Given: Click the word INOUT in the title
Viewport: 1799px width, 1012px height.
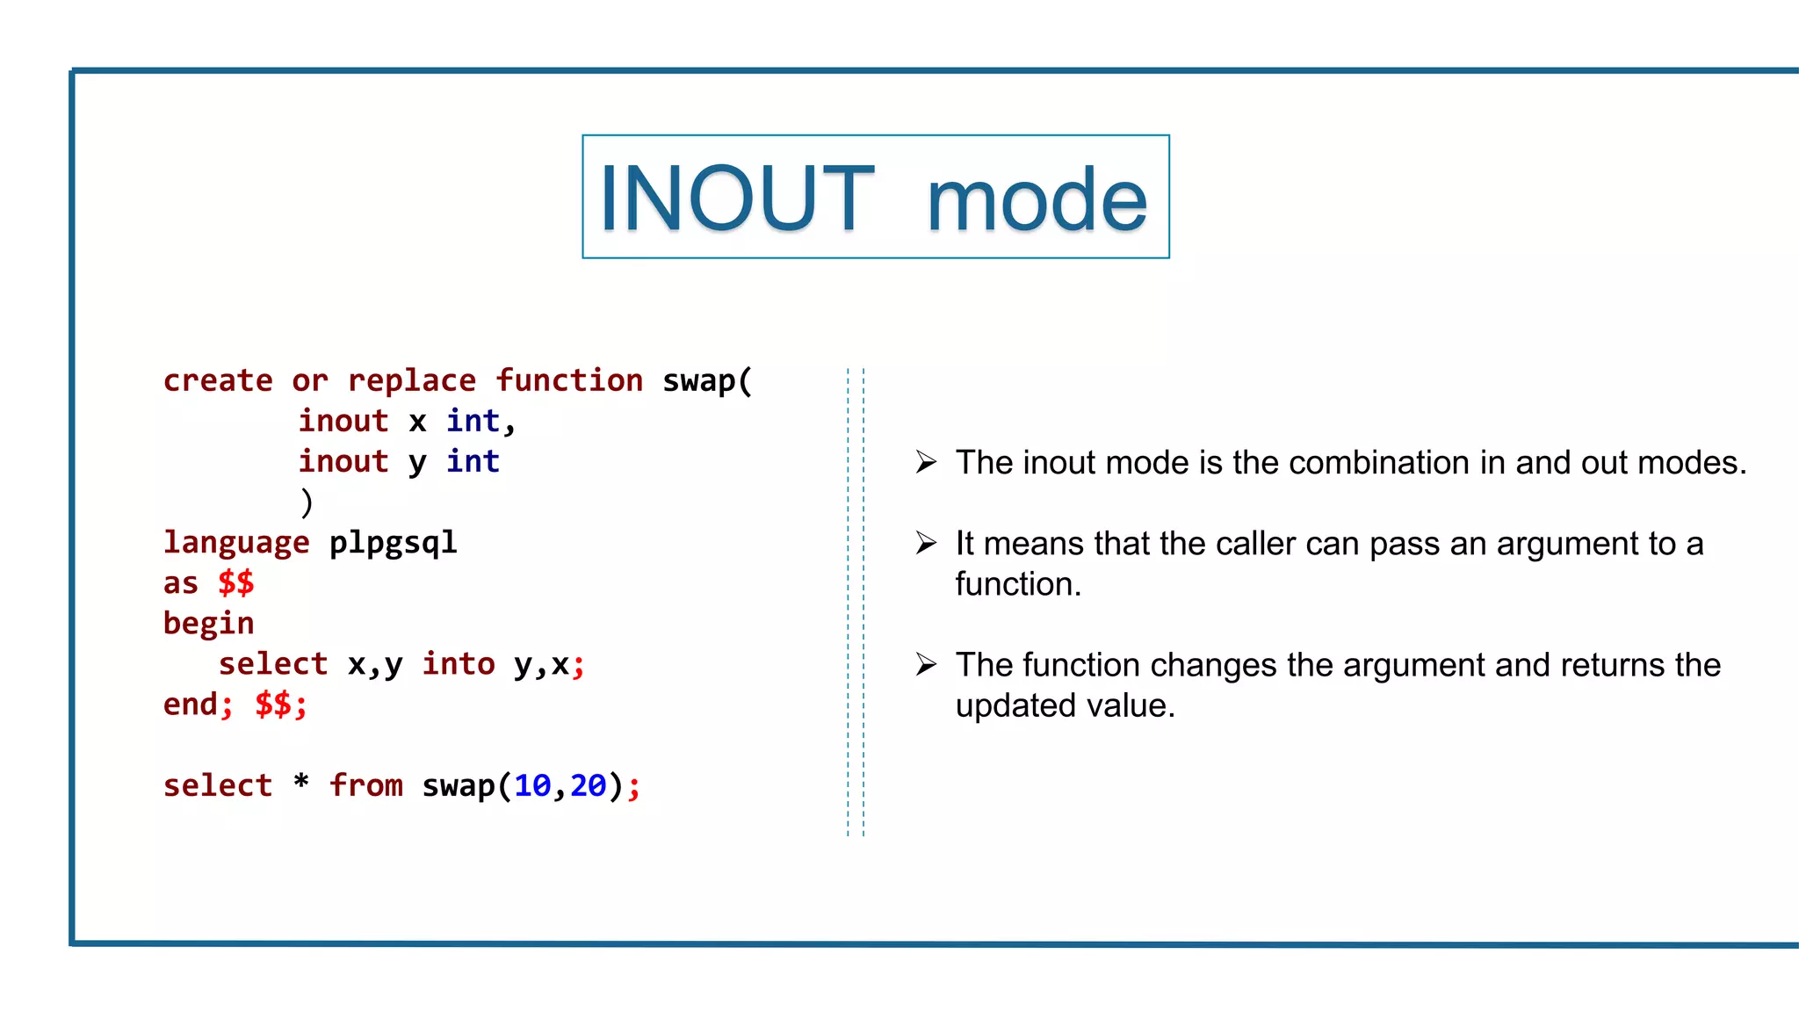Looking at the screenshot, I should (x=736, y=199).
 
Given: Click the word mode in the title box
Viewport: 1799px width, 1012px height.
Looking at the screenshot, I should (x=1037, y=200).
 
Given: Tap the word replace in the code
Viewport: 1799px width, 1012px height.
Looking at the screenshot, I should (x=411, y=380).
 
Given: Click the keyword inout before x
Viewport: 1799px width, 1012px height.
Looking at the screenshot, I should (x=343, y=421).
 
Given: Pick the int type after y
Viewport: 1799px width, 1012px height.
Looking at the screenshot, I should (x=473, y=461).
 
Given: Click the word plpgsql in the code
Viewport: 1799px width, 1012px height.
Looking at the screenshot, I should (x=393, y=542).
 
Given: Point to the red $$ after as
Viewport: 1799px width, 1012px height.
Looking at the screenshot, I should (x=236, y=582).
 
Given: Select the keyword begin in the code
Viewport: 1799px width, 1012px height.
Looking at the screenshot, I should (x=208, y=623).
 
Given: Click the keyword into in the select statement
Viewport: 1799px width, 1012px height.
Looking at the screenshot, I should (x=458, y=663).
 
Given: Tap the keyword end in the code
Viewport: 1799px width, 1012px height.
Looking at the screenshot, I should (x=190, y=704).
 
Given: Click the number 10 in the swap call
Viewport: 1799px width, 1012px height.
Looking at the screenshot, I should (x=531, y=785).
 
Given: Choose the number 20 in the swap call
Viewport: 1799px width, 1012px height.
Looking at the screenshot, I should (x=588, y=785).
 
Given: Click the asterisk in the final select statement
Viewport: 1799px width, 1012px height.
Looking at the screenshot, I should (x=301, y=781).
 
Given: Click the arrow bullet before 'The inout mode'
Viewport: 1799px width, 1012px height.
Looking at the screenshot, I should (x=926, y=462).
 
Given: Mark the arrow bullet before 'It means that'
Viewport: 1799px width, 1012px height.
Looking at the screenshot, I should (x=926, y=543).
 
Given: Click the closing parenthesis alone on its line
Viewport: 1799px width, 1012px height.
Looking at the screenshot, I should (x=306, y=502).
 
